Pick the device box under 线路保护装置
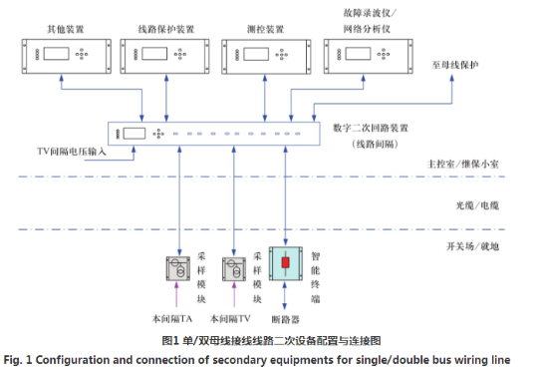point(164,56)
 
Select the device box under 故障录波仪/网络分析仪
point(370,56)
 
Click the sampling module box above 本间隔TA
point(179,271)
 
